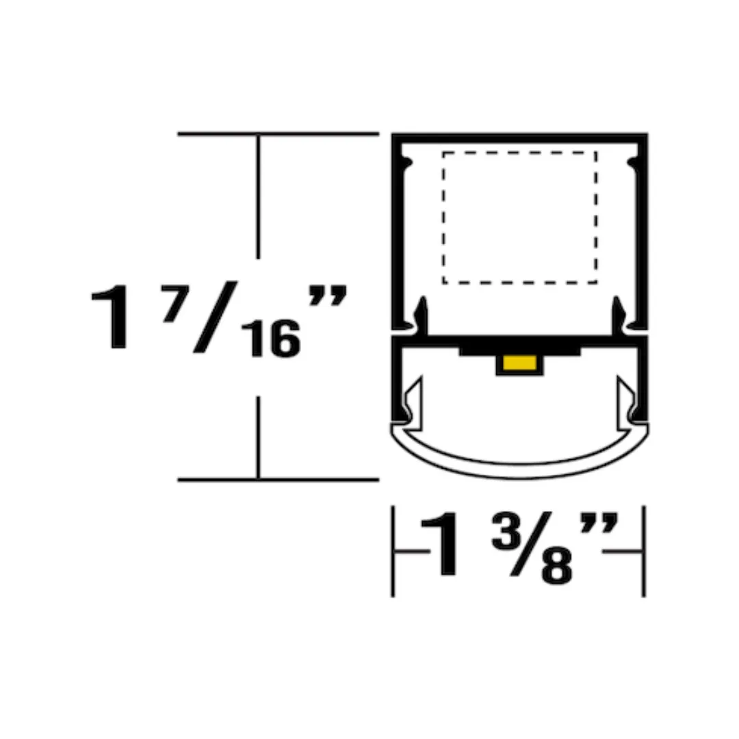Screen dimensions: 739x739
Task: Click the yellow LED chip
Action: [519, 363]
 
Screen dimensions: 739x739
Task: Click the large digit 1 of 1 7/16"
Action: [114, 318]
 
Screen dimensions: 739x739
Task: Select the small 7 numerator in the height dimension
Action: [172, 310]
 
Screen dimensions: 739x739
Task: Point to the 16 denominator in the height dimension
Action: [274, 340]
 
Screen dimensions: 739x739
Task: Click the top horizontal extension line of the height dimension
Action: [278, 133]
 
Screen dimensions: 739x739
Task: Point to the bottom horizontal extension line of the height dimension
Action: [278, 480]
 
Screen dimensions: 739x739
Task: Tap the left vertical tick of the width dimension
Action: [393, 551]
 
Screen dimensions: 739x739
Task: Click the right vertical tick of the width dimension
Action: [644, 551]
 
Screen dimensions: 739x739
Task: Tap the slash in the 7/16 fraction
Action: [215, 317]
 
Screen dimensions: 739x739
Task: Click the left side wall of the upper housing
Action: [396, 233]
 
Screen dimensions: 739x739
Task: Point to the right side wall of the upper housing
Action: [643, 233]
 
